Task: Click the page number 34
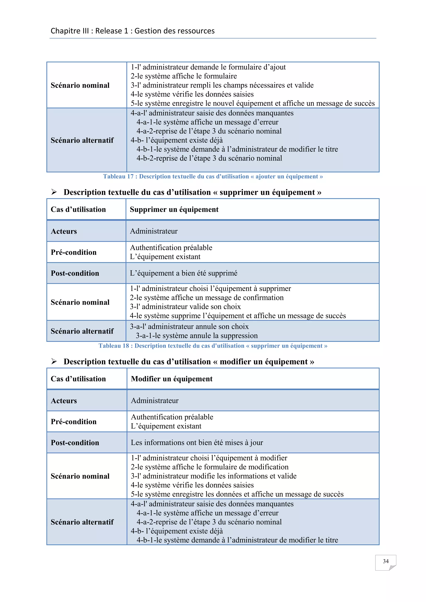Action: (385, 561)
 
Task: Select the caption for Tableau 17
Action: (213, 176)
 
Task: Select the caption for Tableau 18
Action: (213, 346)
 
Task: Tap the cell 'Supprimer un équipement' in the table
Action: (174, 210)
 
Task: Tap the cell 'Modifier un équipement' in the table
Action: (172, 379)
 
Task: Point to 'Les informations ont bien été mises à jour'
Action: (197, 443)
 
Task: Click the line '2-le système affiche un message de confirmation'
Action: (207, 298)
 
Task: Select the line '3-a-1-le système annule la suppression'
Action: (197, 336)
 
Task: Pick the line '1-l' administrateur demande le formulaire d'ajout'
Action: (208, 67)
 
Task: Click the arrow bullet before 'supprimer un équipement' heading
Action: (54, 192)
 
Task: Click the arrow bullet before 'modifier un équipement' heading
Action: (54, 361)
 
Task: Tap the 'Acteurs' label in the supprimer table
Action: (64, 231)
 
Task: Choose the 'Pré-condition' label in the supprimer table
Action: (73, 252)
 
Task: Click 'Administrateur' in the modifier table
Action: (155, 401)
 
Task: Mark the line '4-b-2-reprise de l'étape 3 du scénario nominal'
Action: (209, 158)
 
